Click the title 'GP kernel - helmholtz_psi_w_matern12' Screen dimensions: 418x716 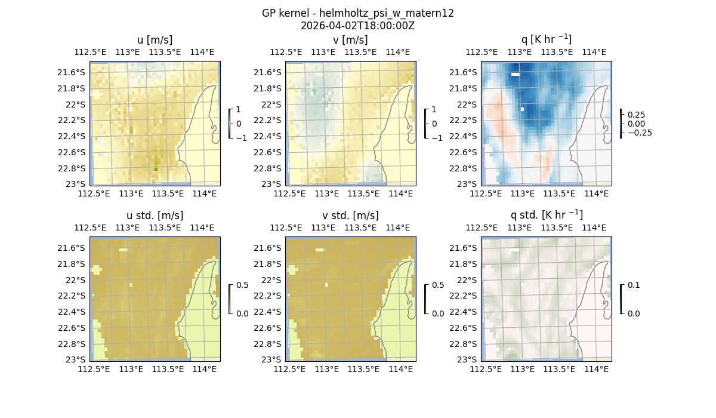pos(358,13)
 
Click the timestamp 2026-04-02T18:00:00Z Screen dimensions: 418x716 pos(358,26)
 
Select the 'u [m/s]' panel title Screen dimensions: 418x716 pos(155,40)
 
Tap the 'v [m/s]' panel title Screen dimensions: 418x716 pos(350,40)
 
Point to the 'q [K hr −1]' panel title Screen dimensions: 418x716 pos(546,39)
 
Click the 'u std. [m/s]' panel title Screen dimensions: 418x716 pos(155,216)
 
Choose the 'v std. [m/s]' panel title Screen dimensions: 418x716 pos(350,216)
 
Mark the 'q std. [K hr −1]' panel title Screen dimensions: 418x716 pos(546,215)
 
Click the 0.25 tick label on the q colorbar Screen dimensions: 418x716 pos(636,115)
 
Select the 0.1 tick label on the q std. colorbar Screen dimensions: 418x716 pos(633,285)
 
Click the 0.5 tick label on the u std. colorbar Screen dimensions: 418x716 pos(242,285)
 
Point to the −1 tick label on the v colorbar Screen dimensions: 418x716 pos(437,138)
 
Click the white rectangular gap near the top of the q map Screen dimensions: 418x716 pos(516,75)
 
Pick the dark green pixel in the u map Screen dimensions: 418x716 pos(156,169)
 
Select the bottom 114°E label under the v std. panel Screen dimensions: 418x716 pos(400,370)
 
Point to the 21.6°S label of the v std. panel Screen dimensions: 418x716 pos(268,248)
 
